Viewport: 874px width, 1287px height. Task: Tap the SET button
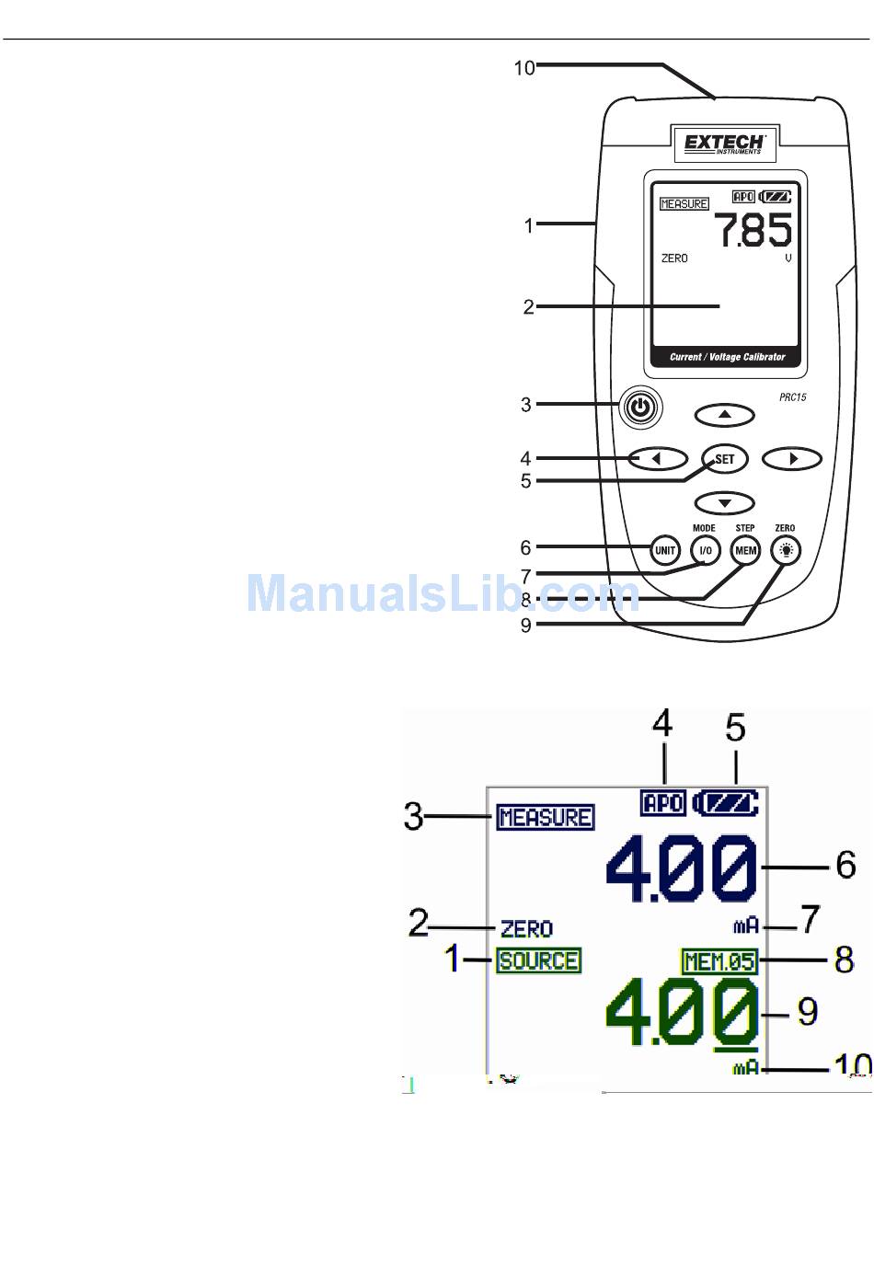tap(725, 459)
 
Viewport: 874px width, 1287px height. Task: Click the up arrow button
tap(725, 415)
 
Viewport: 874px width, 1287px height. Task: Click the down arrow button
tap(725, 503)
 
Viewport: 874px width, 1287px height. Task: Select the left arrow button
tap(658, 458)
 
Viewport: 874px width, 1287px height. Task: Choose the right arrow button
tap(792, 458)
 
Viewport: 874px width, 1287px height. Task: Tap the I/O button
tap(705, 550)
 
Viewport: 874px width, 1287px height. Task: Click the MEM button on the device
tap(745, 550)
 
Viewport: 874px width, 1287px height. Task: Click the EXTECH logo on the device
tap(725, 144)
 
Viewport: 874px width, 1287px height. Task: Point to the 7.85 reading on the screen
tap(753, 230)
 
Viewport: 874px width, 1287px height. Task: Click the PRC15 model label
tap(792, 397)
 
